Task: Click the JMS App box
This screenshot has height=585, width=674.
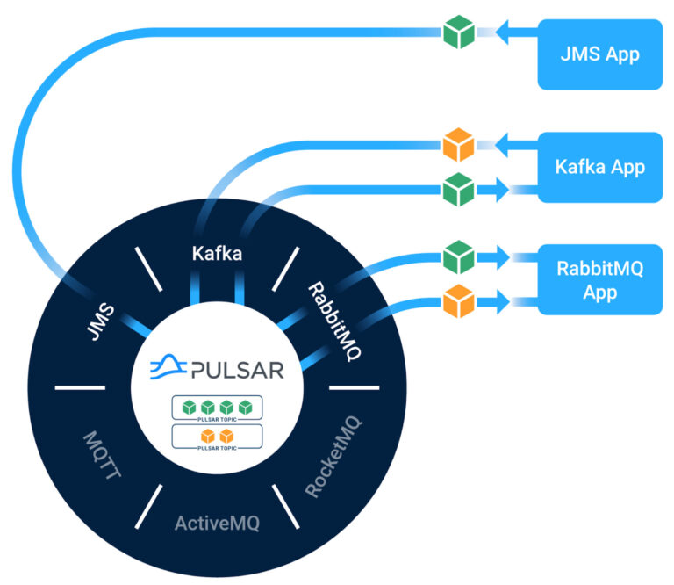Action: click(x=599, y=54)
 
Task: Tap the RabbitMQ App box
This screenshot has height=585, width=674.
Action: click(x=599, y=279)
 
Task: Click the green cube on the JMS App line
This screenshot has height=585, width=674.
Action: click(x=458, y=32)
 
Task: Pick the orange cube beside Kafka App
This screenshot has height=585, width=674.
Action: click(x=458, y=144)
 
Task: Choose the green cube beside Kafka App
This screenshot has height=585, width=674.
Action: click(x=458, y=189)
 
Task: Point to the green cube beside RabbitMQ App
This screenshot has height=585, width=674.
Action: click(x=458, y=258)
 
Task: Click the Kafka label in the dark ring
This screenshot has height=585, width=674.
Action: click(x=218, y=255)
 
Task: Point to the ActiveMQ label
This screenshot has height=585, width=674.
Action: click(x=217, y=524)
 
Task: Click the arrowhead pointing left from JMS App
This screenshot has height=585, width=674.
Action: click(x=504, y=32)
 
